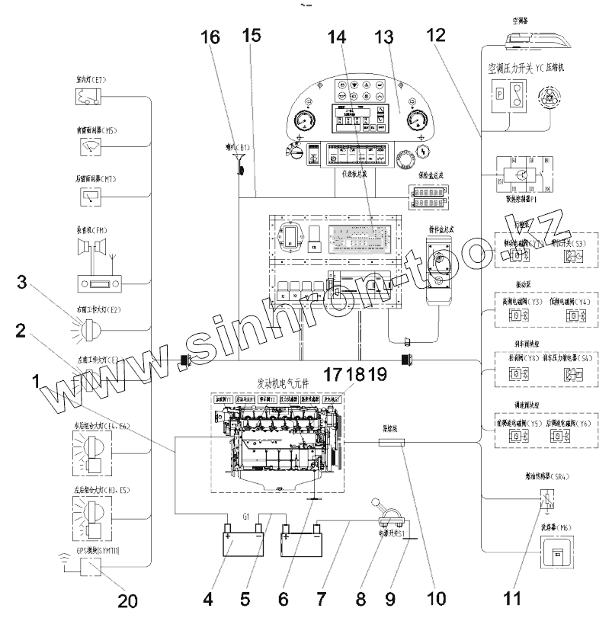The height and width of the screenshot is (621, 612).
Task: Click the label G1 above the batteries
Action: click(247, 516)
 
